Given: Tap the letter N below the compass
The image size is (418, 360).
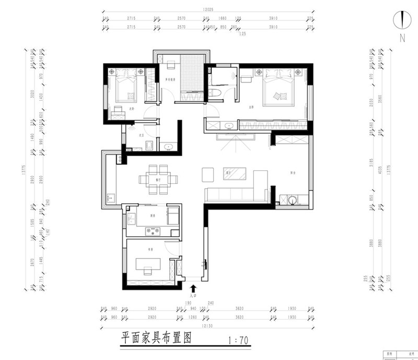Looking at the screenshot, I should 402,38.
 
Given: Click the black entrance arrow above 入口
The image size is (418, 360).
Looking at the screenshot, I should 193,288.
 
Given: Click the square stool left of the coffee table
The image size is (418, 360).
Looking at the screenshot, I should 208,173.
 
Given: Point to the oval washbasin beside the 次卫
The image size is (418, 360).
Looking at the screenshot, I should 168,147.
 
